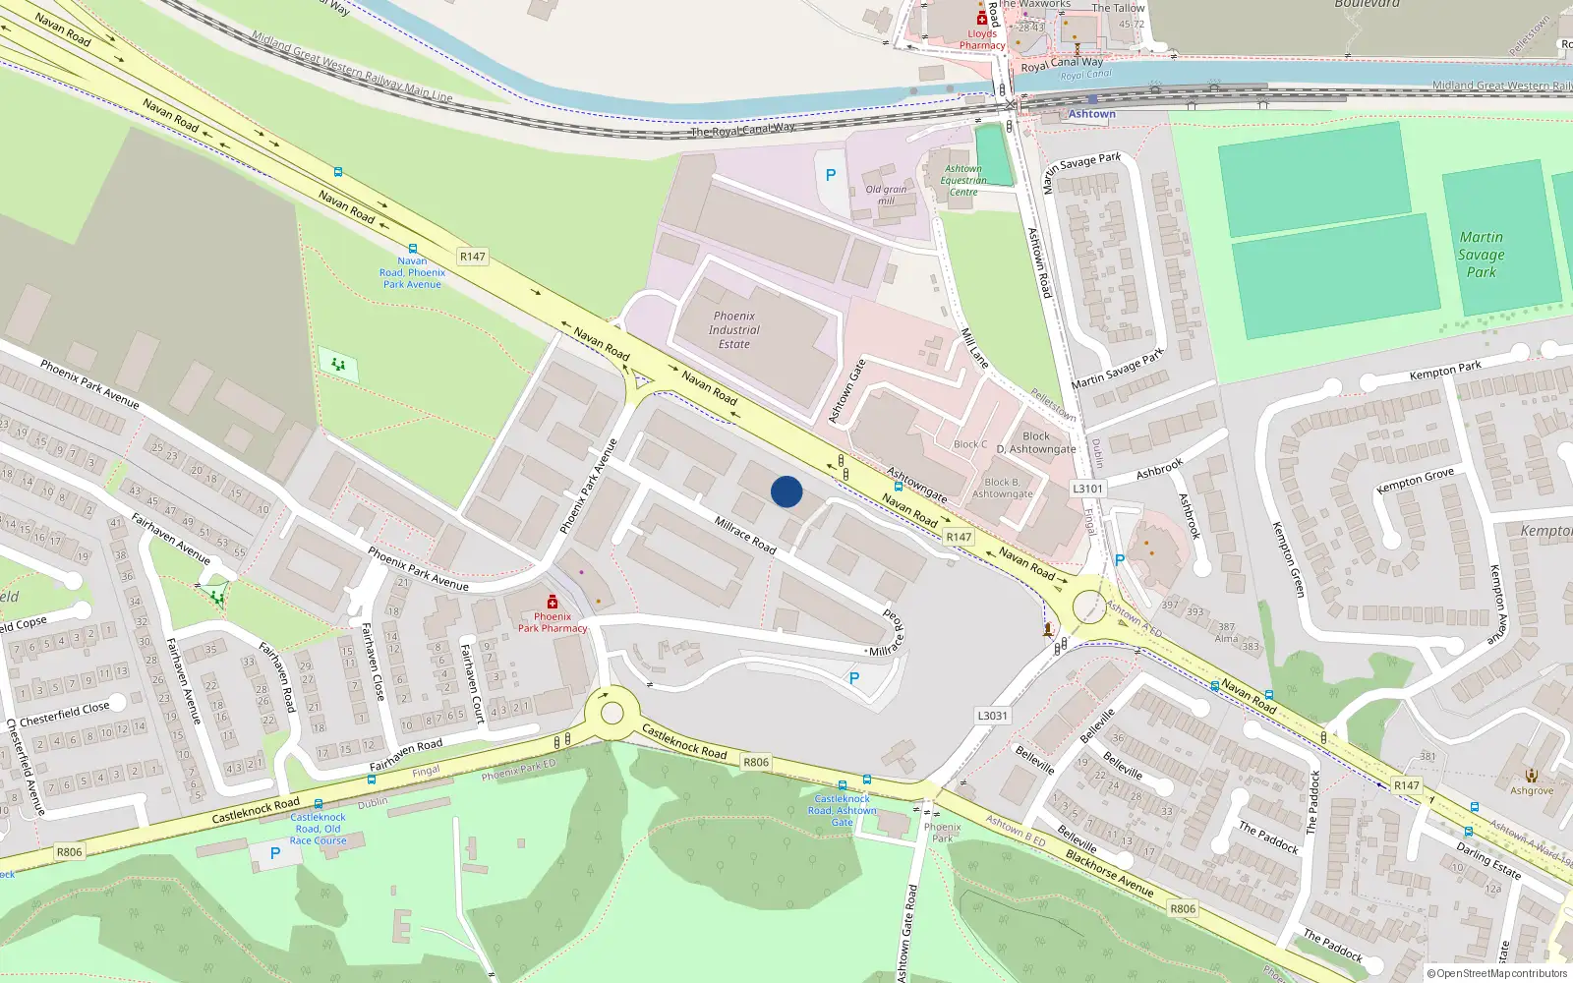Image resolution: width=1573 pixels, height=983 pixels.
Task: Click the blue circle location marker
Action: click(x=786, y=491)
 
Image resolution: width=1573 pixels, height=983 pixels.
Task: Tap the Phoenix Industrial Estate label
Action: click(x=733, y=330)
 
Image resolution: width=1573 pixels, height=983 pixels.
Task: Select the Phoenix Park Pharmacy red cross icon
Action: click(x=553, y=602)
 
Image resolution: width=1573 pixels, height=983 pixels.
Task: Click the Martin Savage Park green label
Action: click(x=1481, y=255)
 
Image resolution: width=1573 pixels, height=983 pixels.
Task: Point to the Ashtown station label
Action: click(x=1091, y=114)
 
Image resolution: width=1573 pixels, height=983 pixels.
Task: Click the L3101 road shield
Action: click(x=1087, y=489)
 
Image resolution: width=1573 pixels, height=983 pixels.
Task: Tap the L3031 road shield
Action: click(x=993, y=716)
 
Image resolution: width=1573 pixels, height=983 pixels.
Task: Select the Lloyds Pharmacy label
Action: click(x=982, y=39)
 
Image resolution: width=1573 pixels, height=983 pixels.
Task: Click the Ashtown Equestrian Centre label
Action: click(x=962, y=181)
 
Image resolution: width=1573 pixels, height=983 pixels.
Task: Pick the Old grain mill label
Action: click(x=886, y=195)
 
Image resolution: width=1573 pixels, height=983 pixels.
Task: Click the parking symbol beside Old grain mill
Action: click(x=831, y=175)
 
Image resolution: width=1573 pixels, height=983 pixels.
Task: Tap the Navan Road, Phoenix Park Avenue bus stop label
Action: click(x=413, y=272)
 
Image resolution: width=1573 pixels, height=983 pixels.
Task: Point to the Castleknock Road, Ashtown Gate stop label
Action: click(x=843, y=810)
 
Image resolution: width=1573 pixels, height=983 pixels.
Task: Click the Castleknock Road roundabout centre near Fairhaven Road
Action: click(x=612, y=713)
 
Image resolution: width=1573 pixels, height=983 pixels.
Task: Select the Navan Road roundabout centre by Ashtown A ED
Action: click(x=1089, y=607)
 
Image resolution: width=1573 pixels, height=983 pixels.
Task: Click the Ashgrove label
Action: click(x=1532, y=790)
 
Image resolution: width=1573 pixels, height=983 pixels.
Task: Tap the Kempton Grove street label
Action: click(x=1415, y=481)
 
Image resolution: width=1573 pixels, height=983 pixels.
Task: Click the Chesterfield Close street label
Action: click(x=65, y=714)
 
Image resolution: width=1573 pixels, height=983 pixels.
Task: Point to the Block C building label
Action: click(x=970, y=444)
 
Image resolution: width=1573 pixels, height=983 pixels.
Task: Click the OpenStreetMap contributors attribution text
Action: click(x=1501, y=974)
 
